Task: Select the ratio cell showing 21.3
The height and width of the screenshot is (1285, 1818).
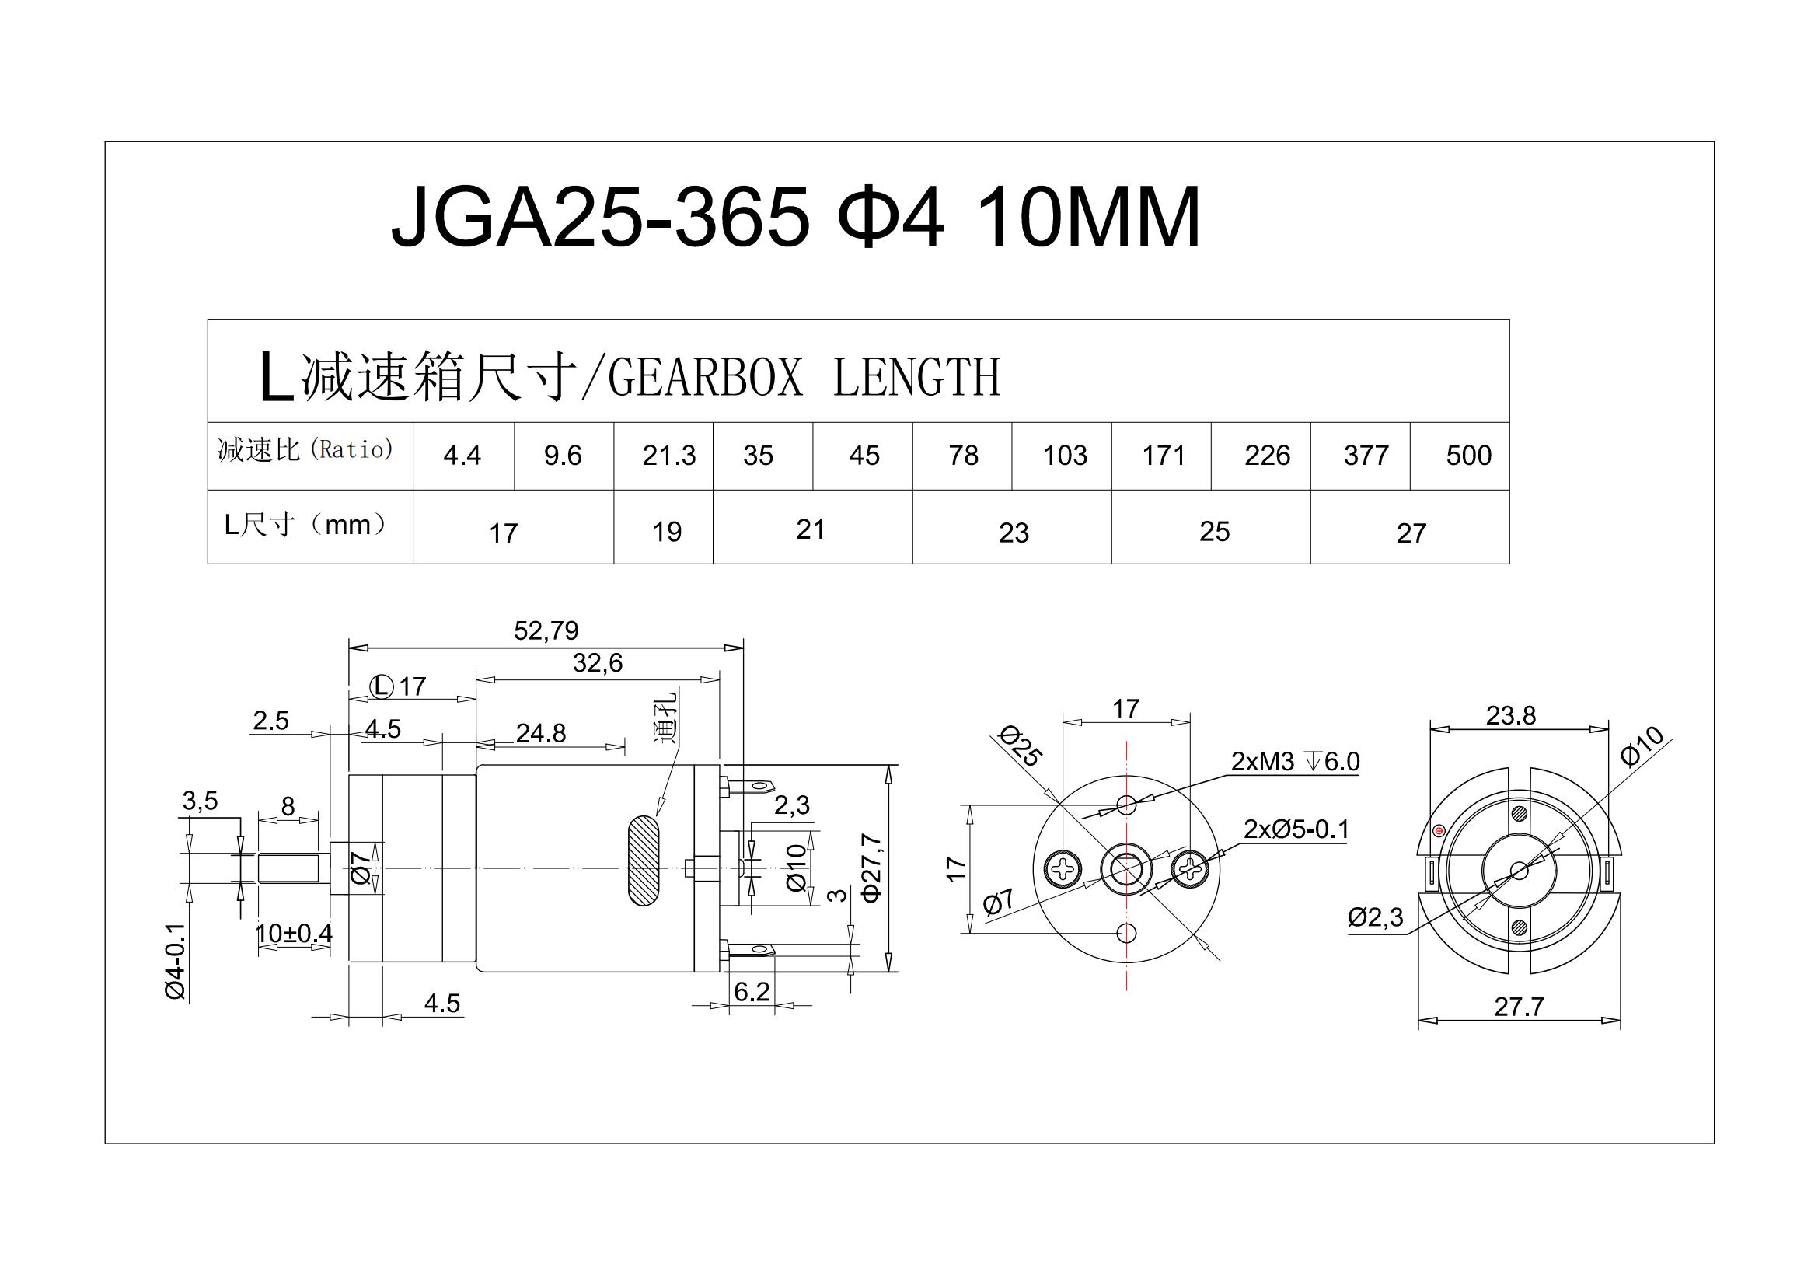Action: [668, 456]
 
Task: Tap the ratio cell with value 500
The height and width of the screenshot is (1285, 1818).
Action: [1468, 456]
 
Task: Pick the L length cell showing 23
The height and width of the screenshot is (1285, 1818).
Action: [1013, 533]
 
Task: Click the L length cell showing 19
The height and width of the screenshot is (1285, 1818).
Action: [667, 532]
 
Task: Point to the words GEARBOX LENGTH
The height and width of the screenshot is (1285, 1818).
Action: [803, 378]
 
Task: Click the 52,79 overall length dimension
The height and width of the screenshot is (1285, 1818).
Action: [546, 631]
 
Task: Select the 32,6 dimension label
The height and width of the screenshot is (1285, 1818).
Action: [597, 662]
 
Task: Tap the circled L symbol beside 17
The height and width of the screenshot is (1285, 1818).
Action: [382, 686]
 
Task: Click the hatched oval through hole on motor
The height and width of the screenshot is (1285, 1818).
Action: [643, 861]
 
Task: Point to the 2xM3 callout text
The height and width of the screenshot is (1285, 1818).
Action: [1262, 762]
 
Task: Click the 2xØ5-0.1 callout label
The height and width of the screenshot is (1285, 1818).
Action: [1296, 829]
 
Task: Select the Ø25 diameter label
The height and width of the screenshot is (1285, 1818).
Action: [1020, 746]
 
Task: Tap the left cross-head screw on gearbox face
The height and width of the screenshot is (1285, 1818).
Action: [1062, 869]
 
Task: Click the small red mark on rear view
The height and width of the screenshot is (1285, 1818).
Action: [1439, 830]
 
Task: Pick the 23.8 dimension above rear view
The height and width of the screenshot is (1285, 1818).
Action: [1510, 716]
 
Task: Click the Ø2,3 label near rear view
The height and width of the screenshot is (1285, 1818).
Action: [1376, 918]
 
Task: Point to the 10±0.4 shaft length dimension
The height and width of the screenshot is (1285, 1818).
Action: [294, 934]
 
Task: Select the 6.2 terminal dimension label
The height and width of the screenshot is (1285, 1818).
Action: [751, 992]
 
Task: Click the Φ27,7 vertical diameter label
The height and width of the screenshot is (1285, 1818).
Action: [871, 867]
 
